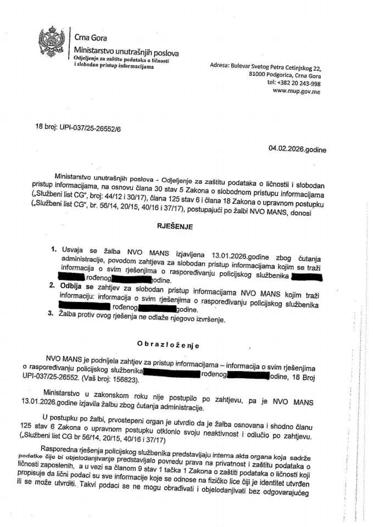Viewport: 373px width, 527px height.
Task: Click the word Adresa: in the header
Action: coord(219,65)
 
